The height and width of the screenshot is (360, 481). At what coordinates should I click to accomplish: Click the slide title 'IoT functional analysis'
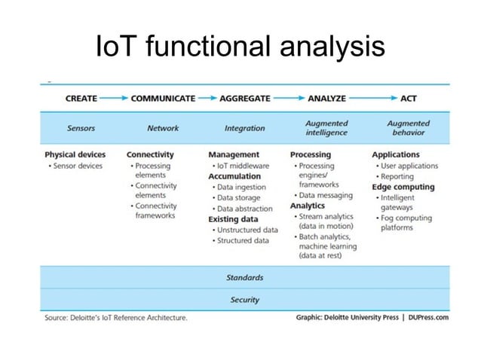click(240, 47)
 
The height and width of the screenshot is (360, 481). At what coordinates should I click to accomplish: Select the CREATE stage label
click(81, 98)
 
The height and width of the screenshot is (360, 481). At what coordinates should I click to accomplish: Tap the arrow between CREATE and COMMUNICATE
click(113, 98)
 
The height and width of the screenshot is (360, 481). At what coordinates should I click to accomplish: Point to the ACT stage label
click(409, 98)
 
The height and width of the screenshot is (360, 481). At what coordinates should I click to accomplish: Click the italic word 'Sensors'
click(81, 128)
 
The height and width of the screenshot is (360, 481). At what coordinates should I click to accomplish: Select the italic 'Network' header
click(163, 128)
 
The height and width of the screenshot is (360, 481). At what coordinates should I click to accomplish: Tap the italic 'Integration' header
click(244, 128)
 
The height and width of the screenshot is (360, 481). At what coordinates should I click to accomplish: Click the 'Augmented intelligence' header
click(326, 127)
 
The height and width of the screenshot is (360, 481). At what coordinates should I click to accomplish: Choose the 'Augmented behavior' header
click(408, 127)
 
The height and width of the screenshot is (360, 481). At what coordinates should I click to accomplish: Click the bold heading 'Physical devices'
click(75, 154)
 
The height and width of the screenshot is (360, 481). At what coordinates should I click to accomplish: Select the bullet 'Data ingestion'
click(244, 188)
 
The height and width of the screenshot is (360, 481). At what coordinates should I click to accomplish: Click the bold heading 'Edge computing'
click(403, 187)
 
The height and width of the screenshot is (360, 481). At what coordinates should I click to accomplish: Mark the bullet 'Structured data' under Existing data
click(242, 240)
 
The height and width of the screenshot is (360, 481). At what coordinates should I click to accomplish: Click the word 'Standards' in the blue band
click(244, 277)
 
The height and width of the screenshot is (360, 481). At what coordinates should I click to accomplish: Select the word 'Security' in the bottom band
click(244, 299)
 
